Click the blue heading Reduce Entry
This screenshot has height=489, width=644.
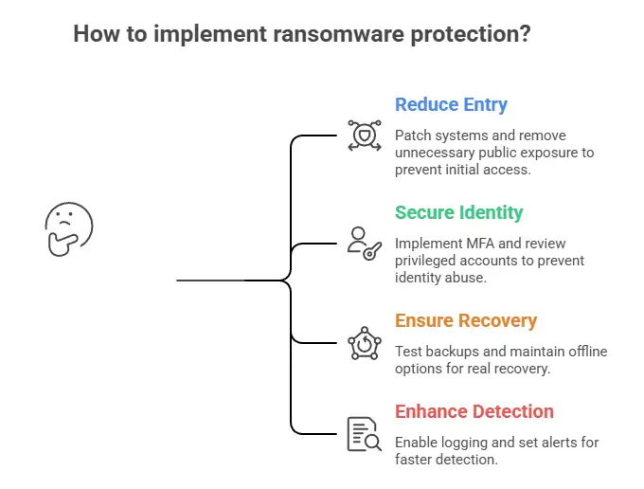451,104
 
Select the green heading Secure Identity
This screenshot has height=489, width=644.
458,212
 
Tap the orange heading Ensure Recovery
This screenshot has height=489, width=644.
465,320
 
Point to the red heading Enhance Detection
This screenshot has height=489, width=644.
474,411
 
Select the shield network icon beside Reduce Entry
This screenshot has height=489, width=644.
363,136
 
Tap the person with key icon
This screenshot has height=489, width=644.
363,243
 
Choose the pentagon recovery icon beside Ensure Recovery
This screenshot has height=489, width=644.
363,342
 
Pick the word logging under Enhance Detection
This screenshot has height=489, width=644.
466,443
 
